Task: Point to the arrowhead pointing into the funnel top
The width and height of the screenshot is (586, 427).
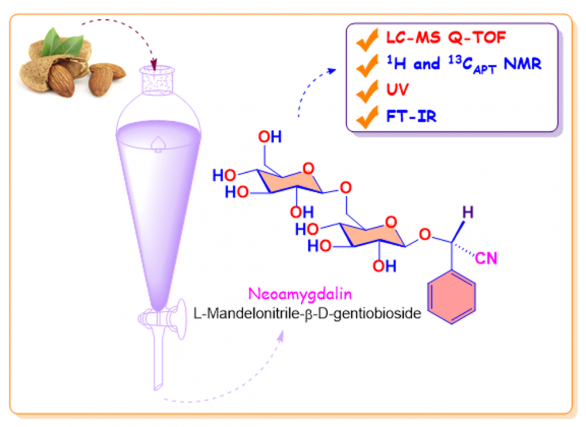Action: point(155,63)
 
